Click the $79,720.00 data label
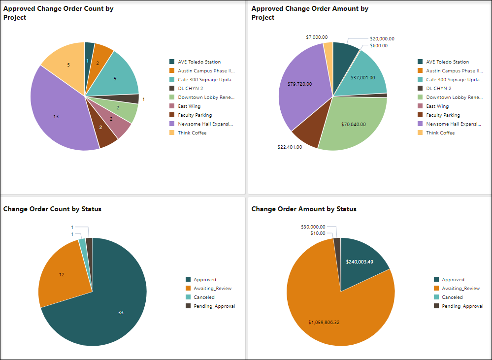299,84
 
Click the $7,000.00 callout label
317,37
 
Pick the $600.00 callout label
379,46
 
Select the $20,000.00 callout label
382,39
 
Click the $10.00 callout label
318,233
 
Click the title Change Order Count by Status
52,209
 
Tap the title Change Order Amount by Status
304,209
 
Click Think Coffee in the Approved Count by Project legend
192,133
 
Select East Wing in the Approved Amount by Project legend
437,106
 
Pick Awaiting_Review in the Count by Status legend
212,289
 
